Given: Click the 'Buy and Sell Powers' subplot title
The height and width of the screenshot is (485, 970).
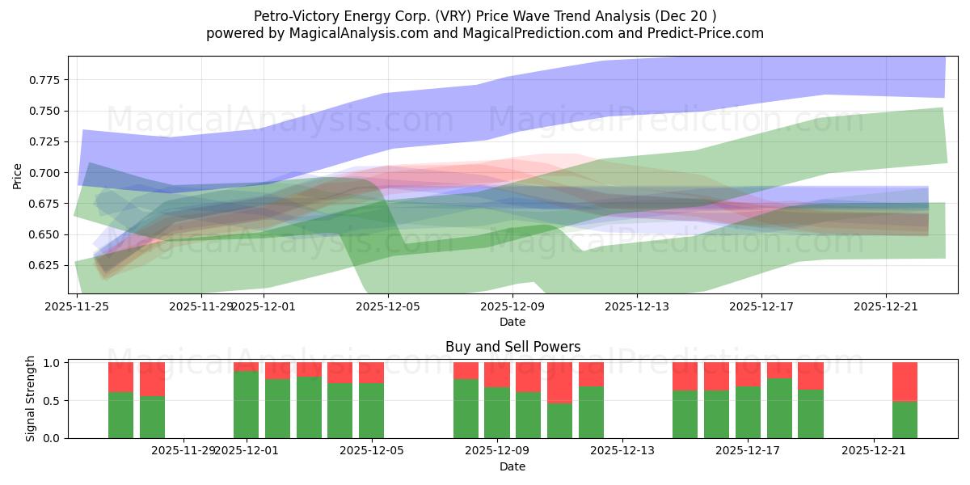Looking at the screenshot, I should pyautogui.click(x=512, y=347).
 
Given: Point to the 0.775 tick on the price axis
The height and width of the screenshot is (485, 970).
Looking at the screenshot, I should pyautogui.click(x=47, y=80).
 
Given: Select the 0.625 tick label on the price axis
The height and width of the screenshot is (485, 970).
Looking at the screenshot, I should pyautogui.click(x=47, y=265).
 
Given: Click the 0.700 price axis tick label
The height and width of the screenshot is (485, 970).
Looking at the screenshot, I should pyautogui.click(x=47, y=173).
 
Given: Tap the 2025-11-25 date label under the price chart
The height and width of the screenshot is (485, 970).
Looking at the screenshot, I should pyautogui.click(x=78, y=306).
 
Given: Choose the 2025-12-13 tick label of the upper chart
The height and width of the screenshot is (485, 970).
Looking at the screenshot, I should pyautogui.click(x=637, y=306).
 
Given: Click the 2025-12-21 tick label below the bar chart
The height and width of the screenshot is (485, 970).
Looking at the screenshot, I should pyautogui.click(x=874, y=450).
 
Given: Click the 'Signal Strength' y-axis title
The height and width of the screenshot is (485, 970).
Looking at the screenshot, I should pyautogui.click(x=31, y=399).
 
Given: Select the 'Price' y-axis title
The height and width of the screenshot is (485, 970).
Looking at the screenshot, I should pyautogui.click(x=18, y=175).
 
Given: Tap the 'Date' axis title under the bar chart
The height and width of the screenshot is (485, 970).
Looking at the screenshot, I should pyautogui.click(x=512, y=466).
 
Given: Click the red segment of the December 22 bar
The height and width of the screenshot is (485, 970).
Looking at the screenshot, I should pyautogui.click(x=905, y=382).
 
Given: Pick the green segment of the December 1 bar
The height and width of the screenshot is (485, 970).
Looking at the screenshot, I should pyautogui.click(x=246, y=405).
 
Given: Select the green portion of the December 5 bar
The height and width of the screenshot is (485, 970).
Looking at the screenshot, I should pyautogui.click(x=371, y=411).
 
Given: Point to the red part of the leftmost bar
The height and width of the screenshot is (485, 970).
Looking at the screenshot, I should pyautogui.click(x=120, y=377).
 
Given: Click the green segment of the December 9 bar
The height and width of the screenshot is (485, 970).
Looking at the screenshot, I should pyautogui.click(x=496, y=413).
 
